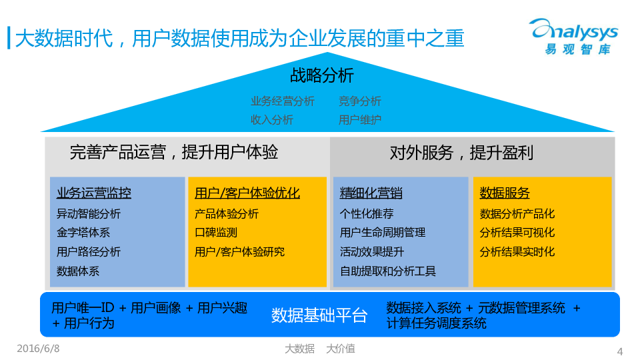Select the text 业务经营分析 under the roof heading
pyautogui.click(x=283, y=101)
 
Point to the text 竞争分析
pyautogui.click(x=360, y=101)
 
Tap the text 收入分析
pyautogui.click(x=272, y=120)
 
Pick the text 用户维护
pyautogui.click(x=360, y=120)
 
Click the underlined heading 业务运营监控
pyautogui.click(x=94, y=193)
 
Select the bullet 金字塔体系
pyautogui.click(x=83, y=233)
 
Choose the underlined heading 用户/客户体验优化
pyautogui.click(x=247, y=193)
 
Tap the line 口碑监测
pyautogui.click(x=216, y=233)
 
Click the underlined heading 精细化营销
pyautogui.click(x=371, y=193)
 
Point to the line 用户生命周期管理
pyautogui.click(x=383, y=233)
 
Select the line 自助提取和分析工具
pyautogui.click(x=388, y=271)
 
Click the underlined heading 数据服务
pyautogui.click(x=505, y=193)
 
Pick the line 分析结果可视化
pyautogui.click(x=517, y=233)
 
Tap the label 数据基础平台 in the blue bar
pyautogui.click(x=319, y=315)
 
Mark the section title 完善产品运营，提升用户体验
pyautogui.click(x=174, y=153)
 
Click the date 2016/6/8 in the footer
pyautogui.click(x=38, y=348)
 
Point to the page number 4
pyautogui.click(x=620, y=351)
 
